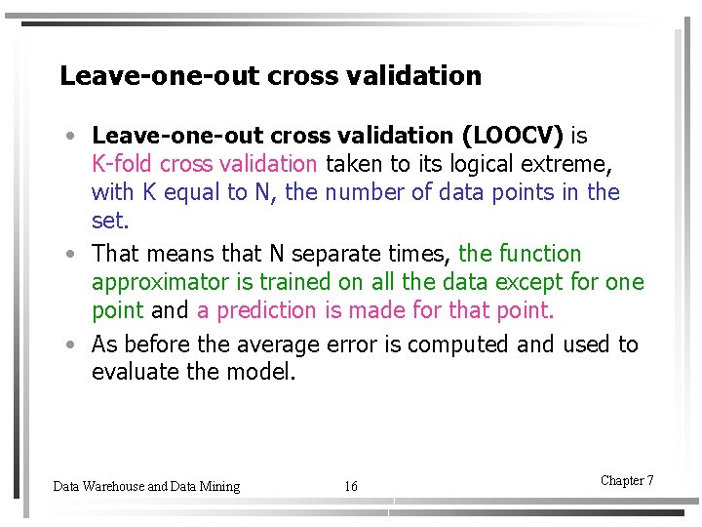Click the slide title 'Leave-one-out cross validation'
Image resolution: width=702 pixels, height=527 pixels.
[x=270, y=76]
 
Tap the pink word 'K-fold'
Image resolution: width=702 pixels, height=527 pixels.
[x=123, y=164]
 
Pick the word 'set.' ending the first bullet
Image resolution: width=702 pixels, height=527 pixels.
[x=109, y=221]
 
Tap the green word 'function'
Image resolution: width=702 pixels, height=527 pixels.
[x=540, y=254]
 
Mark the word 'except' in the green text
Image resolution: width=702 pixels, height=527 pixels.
[x=533, y=283]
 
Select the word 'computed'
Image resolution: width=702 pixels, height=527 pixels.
[x=459, y=345]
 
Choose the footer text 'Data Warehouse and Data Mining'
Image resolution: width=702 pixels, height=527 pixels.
[x=146, y=486]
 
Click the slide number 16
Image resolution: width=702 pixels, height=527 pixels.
[x=351, y=486]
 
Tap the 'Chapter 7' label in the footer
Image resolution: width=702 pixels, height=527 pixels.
[x=627, y=480]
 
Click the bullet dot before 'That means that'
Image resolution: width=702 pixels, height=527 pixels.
[x=74, y=255]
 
